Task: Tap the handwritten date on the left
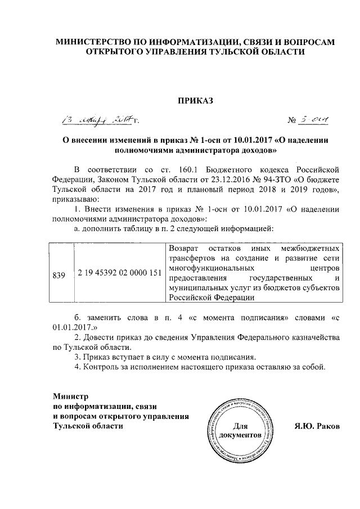tap(98, 119)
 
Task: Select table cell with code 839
tap(58, 275)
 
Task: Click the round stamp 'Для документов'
tap(241, 430)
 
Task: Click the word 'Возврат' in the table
tap(184, 247)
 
